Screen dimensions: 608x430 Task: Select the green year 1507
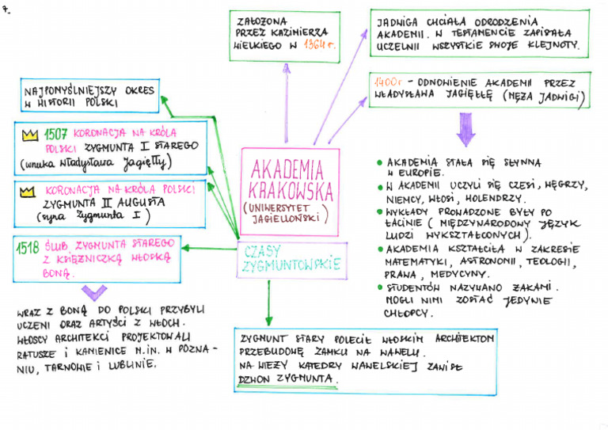point(56,132)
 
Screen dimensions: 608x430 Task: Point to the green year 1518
point(28,246)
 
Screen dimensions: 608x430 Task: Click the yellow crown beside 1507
point(30,134)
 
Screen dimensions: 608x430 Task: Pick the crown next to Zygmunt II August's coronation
point(28,191)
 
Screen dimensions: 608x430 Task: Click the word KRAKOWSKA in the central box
point(291,191)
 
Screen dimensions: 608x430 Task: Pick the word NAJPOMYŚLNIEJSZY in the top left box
point(67,92)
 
